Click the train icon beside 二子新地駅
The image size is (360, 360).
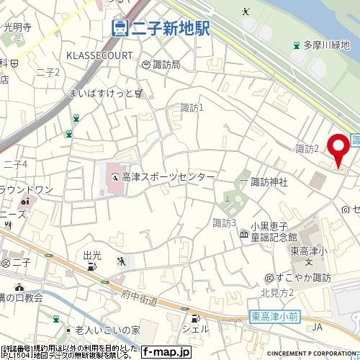120,28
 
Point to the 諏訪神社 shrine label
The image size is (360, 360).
269,182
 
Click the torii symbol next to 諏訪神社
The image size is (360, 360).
243,182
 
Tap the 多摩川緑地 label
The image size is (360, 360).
325,45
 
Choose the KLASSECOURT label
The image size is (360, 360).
99,55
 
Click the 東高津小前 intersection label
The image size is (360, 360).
276,315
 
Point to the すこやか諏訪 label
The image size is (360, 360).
307,277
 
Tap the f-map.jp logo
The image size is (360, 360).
165,352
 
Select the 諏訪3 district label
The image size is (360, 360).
225,222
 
